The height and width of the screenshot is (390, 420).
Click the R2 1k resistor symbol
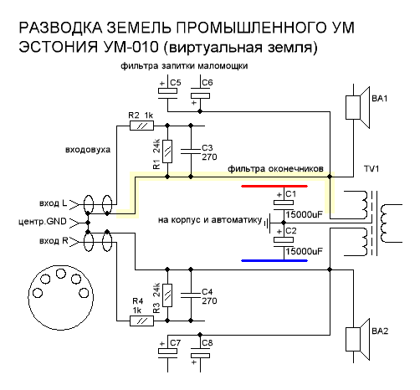click(141, 126)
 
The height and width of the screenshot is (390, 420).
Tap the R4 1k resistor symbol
click(141, 321)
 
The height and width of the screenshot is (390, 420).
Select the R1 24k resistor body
click(167, 151)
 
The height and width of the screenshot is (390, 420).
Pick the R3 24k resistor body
click(167, 295)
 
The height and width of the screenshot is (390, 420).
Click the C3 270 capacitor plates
click(191, 151)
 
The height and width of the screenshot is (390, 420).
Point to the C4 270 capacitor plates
click(191, 295)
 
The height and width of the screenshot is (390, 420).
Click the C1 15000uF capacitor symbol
click(284, 205)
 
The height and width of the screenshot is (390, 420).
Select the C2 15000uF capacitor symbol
click(284, 242)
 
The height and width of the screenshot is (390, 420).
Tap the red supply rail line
click(274, 186)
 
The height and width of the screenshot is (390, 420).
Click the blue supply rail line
click(274, 261)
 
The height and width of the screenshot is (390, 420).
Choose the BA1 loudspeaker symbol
click(357, 108)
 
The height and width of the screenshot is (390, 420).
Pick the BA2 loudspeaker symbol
click(357, 340)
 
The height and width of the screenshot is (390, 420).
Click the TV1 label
click(371, 169)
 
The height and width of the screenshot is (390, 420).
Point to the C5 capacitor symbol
click(167, 94)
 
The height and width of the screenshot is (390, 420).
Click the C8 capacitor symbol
click(200, 354)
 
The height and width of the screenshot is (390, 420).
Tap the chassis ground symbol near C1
click(267, 223)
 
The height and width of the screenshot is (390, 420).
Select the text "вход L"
click(54, 203)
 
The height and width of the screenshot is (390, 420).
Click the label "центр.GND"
click(43, 222)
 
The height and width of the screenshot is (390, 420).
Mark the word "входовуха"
click(88, 150)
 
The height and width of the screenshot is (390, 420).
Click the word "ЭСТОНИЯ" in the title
click(59, 47)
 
